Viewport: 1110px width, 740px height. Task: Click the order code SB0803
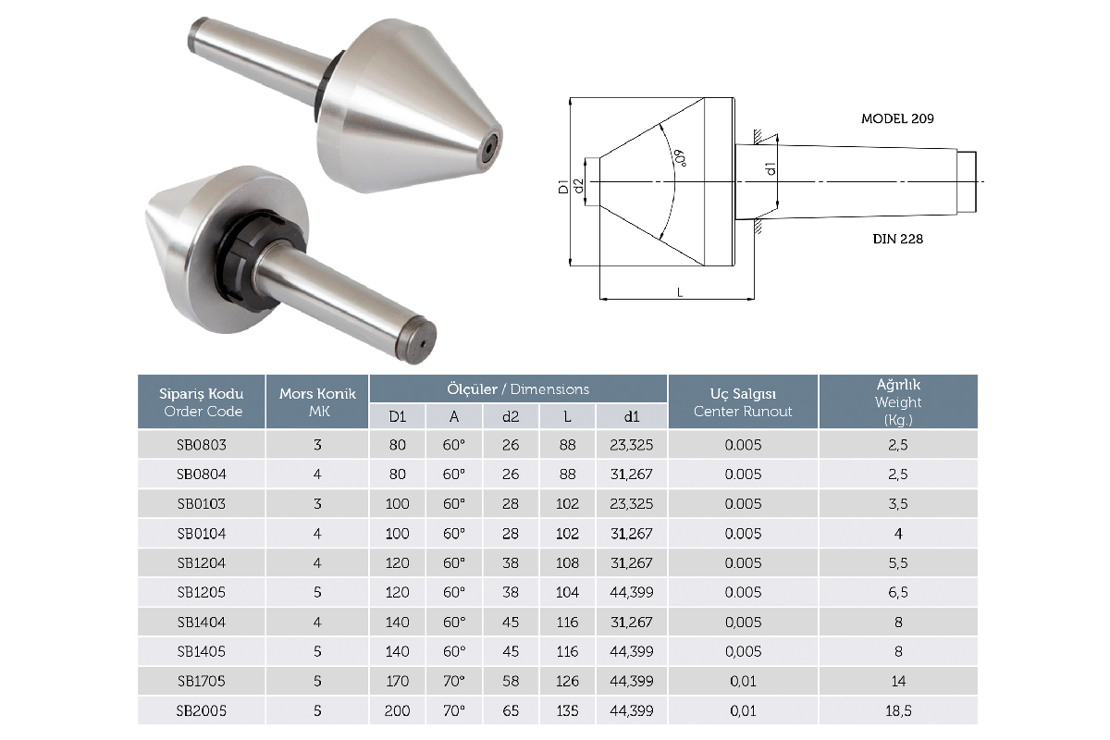tap(202, 445)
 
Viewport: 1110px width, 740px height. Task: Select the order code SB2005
tap(202, 710)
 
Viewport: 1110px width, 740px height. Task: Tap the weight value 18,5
tap(898, 710)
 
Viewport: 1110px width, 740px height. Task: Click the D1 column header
tap(398, 416)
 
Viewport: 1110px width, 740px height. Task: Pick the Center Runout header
tap(743, 411)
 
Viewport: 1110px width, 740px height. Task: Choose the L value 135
tap(567, 710)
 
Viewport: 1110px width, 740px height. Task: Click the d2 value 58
tap(511, 681)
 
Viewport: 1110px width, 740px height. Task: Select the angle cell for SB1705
tap(454, 681)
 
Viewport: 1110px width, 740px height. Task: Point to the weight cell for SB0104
tap(898, 534)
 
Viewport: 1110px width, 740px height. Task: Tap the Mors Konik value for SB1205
tap(317, 592)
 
